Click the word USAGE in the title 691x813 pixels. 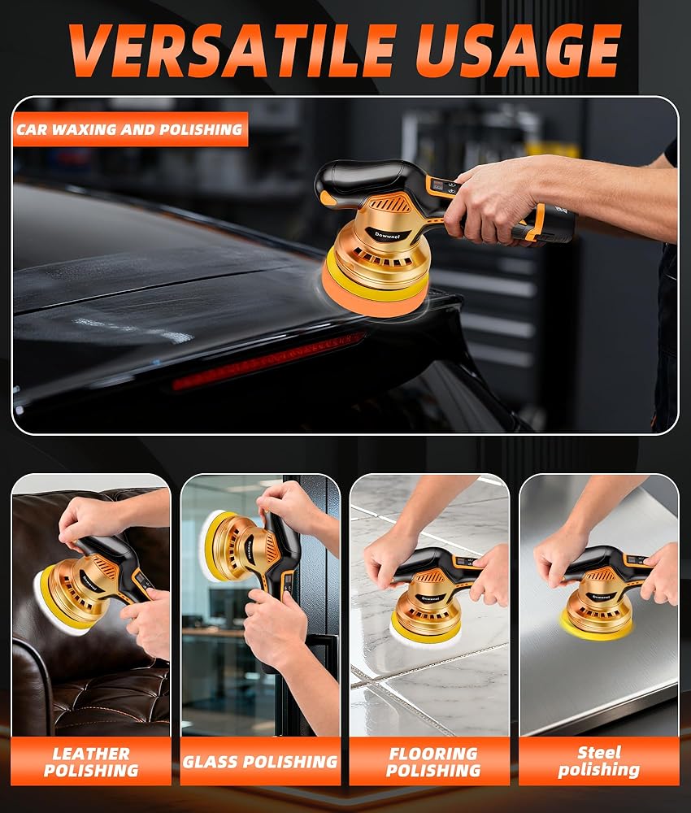pyautogui.click(x=519, y=50)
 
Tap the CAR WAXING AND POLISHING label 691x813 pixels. pyautogui.click(x=129, y=129)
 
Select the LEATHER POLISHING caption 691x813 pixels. pyautogui.click(x=91, y=762)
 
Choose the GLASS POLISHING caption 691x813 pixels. pyautogui.click(x=260, y=762)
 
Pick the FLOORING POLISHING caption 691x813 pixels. pyautogui.click(x=433, y=762)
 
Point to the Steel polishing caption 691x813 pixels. pyautogui.click(x=598, y=761)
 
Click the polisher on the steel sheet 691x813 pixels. pyautogui.click(x=602, y=592)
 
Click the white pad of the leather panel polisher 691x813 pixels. pyautogui.click(x=50, y=602)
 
